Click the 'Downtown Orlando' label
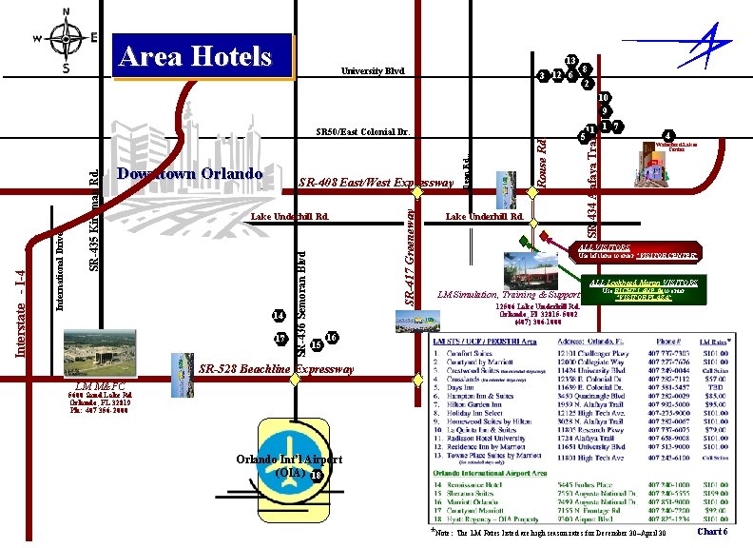pos(189,173)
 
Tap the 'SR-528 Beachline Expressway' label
pos(277,368)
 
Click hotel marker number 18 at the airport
pos(316,476)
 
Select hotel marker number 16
pos(331,338)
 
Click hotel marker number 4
pos(669,135)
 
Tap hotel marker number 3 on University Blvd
pos(542,75)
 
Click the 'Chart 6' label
pos(712,532)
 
